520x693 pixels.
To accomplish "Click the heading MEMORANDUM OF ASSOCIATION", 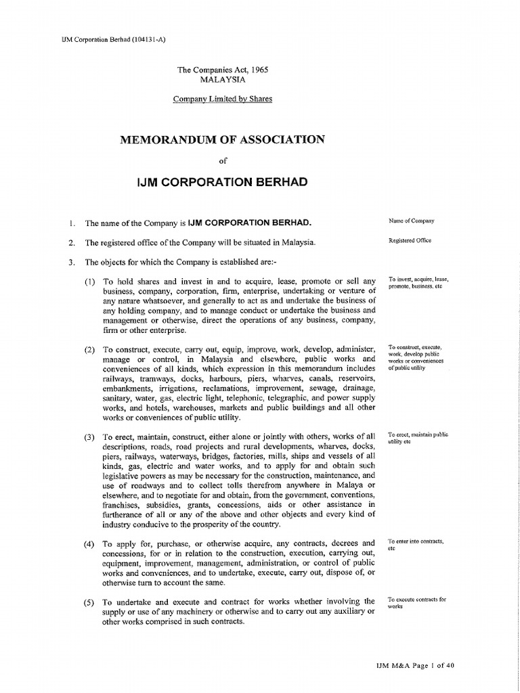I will (222, 139).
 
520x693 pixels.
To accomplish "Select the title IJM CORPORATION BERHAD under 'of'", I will (222, 182).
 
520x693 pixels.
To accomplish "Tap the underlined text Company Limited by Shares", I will (222, 99).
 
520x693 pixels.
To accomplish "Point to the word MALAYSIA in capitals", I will (222, 79).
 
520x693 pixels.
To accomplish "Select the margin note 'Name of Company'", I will (412, 221).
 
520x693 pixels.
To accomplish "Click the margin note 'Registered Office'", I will (410, 240).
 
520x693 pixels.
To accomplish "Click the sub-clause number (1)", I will (90, 281).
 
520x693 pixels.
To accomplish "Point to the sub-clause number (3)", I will (90, 437).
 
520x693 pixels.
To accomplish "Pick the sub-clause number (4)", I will (90, 543).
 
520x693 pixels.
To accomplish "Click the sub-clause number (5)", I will (90, 602).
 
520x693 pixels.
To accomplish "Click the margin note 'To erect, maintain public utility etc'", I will (418, 438).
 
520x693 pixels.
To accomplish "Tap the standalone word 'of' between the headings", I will (222, 161).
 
